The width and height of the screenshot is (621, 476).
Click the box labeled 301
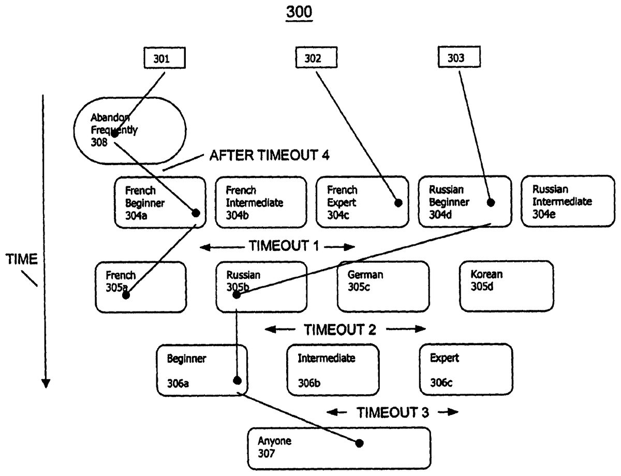[x=161, y=58]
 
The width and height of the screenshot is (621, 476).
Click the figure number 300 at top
[x=299, y=12]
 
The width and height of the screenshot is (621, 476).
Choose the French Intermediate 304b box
[x=260, y=202]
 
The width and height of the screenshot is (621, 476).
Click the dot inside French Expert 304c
[x=398, y=203]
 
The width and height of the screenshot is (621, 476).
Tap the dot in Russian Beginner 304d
[x=491, y=202]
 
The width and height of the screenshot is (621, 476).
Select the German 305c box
[x=382, y=286]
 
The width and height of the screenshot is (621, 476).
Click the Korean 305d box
[x=506, y=286]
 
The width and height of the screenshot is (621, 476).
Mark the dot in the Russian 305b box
[x=236, y=295]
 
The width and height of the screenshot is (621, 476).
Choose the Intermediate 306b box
[x=333, y=370]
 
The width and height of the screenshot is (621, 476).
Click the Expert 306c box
[x=466, y=370]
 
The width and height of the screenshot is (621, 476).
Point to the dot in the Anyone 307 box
[x=359, y=443]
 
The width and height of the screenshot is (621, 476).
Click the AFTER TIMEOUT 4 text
[x=269, y=155]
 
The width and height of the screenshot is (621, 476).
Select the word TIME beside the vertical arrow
[x=22, y=260]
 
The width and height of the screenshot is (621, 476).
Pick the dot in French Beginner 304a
[x=196, y=213]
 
